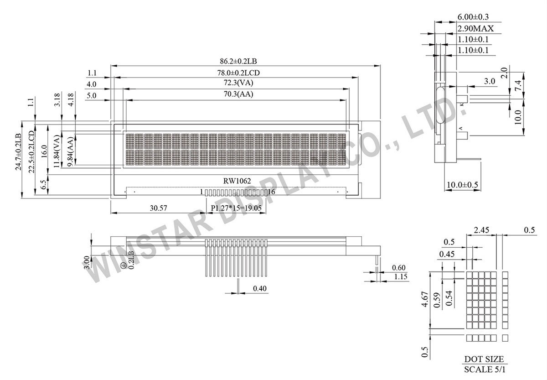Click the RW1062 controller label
237,181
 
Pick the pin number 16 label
271,192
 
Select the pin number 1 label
201,192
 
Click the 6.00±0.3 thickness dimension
473,17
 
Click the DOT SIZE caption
484,359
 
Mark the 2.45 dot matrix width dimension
481,230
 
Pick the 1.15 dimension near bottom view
401,277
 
